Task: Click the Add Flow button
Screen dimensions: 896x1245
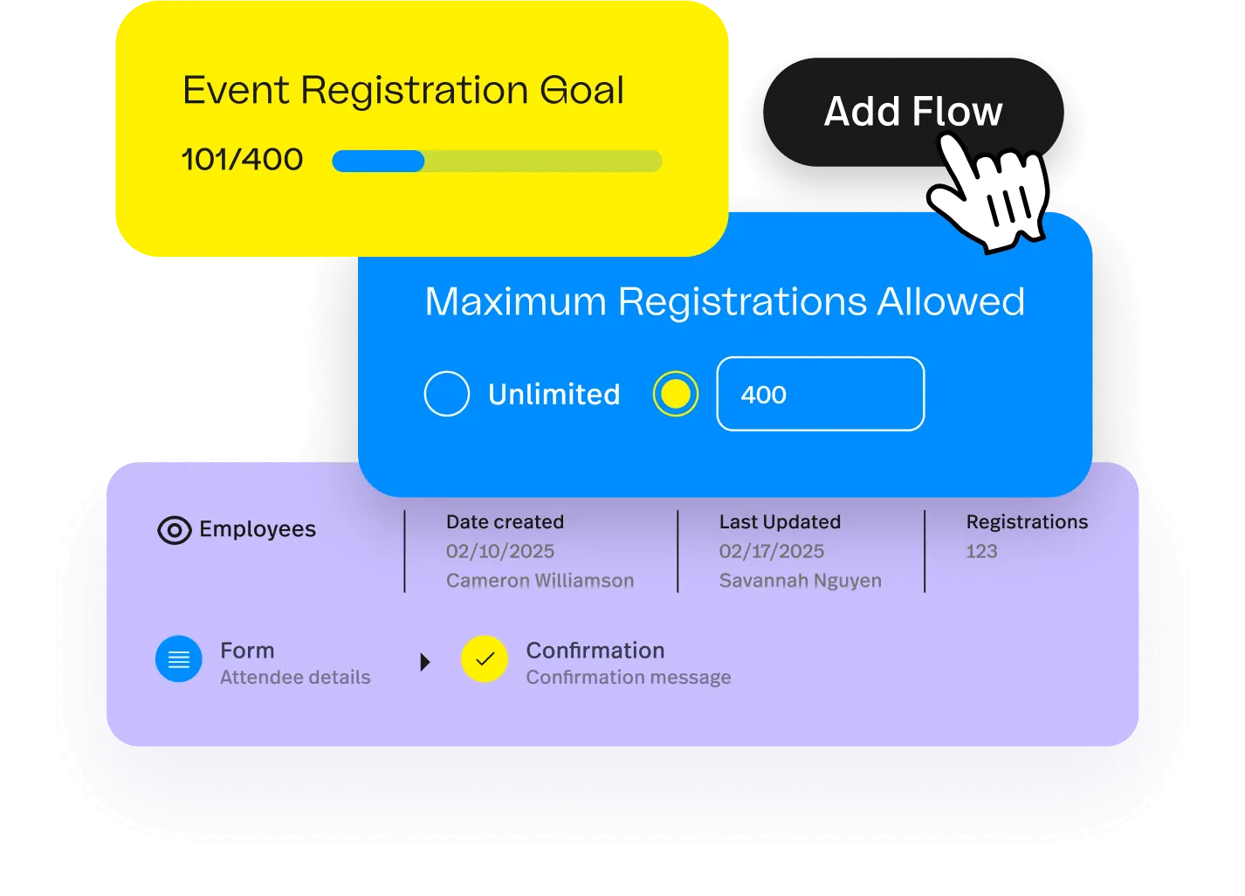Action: pyautogui.click(x=912, y=112)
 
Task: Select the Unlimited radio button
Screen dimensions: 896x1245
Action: pyautogui.click(x=447, y=394)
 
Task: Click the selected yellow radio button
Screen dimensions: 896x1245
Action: pyautogui.click(x=675, y=394)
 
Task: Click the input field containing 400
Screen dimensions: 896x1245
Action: pyautogui.click(x=820, y=394)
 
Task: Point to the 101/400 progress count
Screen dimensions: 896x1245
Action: pyautogui.click(x=242, y=160)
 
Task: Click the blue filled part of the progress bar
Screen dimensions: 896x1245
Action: pyautogui.click(x=378, y=162)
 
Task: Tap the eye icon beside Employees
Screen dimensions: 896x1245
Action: pyautogui.click(x=174, y=530)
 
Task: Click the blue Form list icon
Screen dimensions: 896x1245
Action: pyautogui.click(x=179, y=659)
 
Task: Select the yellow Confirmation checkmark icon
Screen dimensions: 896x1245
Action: pyautogui.click(x=485, y=659)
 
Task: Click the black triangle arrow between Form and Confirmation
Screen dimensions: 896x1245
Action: pyautogui.click(x=425, y=662)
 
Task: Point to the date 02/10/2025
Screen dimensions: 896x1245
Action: pyautogui.click(x=500, y=551)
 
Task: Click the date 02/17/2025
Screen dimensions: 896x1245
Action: pyautogui.click(x=772, y=551)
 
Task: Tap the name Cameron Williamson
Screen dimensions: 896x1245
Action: pyautogui.click(x=540, y=581)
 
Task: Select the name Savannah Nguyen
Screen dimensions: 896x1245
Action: pyautogui.click(x=800, y=581)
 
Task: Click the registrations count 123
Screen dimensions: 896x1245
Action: pyautogui.click(x=981, y=551)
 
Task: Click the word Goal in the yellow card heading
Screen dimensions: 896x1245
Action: pyautogui.click(x=581, y=91)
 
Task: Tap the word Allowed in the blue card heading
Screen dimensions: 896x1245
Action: pyautogui.click(x=951, y=302)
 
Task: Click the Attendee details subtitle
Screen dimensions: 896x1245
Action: pyautogui.click(x=295, y=678)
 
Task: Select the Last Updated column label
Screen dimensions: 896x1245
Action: pyautogui.click(x=780, y=522)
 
